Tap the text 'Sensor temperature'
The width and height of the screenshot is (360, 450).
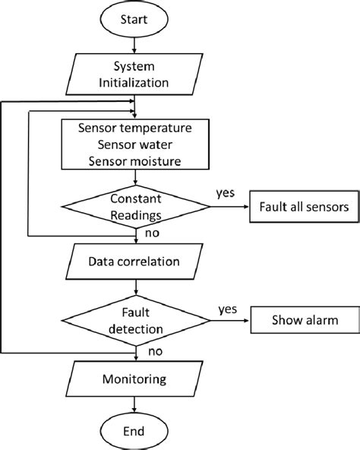point(135,127)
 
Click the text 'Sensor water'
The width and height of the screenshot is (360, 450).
point(135,144)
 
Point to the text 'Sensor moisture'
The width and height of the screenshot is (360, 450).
point(135,160)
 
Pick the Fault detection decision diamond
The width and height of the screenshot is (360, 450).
point(135,321)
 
